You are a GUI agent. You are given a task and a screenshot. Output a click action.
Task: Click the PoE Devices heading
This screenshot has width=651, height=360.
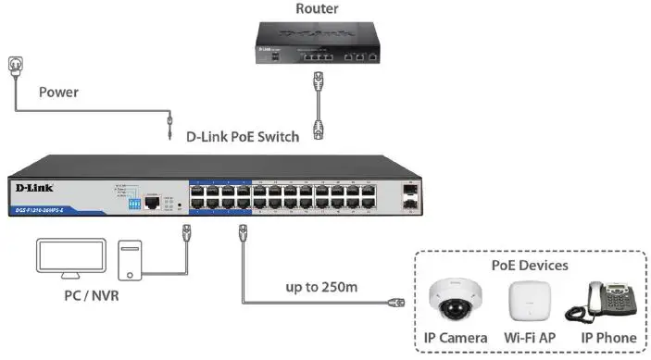click(x=531, y=266)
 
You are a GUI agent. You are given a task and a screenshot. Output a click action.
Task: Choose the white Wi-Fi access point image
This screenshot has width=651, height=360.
click(x=531, y=303)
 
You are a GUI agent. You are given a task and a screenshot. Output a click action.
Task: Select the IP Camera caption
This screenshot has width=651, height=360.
click(x=457, y=339)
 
